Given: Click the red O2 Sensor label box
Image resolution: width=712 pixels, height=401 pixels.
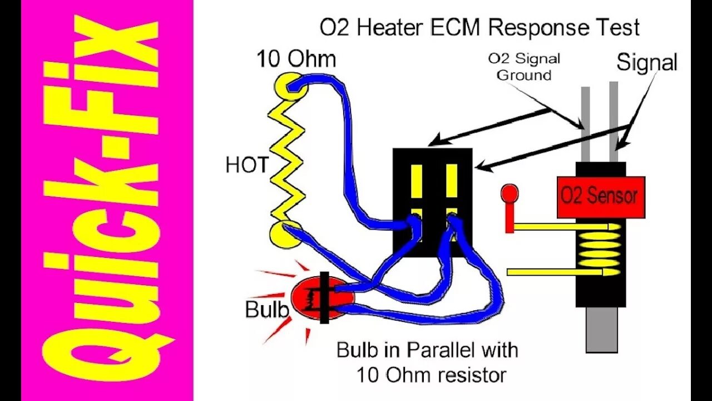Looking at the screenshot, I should point(600,197).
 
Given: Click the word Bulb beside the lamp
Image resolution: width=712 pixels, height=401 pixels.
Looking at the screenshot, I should point(266,309).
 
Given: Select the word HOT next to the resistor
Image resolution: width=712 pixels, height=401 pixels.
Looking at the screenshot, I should point(247,165).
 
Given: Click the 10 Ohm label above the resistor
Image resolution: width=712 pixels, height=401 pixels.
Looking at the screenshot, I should point(296,59).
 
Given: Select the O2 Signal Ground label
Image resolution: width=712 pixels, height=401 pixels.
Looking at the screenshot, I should point(523,66).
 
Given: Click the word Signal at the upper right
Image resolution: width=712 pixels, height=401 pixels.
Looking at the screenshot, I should point(646,62).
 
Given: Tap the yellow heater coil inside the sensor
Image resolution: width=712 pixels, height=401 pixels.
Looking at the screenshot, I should point(599,248).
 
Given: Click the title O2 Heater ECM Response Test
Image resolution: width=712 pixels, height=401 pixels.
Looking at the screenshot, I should point(479,28).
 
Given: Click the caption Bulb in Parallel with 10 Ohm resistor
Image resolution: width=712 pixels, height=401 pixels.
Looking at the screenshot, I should point(427,362).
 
